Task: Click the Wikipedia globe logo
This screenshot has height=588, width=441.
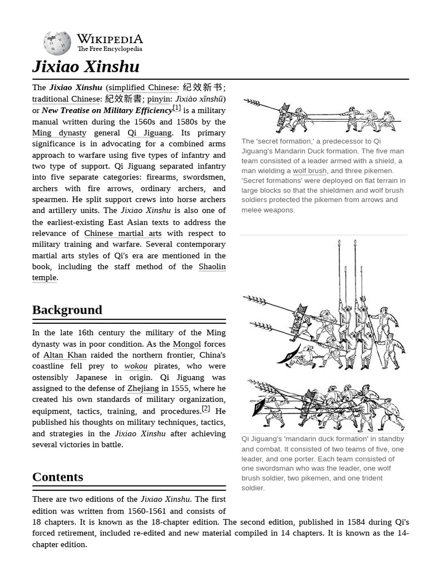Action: [x=57, y=44]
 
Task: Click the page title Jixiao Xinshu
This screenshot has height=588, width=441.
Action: [x=86, y=67]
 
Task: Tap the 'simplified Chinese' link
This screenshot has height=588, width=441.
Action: [x=142, y=88]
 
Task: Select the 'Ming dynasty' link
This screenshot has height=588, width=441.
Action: [x=59, y=133]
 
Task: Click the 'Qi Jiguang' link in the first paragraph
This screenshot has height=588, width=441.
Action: [x=149, y=133]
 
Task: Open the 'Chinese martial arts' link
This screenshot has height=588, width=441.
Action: [x=123, y=233]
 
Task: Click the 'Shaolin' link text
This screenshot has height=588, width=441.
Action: [x=212, y=266]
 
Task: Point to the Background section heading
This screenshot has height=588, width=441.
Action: [x=67, y=310]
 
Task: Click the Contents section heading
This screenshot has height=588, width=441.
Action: [x=57, y=477]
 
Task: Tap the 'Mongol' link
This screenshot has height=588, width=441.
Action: [x=187, y=344]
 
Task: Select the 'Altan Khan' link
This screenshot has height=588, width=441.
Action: [x=65, y=355]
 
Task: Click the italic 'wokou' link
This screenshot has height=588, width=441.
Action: [x=136, y=366]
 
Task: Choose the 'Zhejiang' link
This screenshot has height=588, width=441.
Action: [x=143, y=389]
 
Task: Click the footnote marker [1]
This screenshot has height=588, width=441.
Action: [x=177, y=108]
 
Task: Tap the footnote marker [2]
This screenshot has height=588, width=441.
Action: [x=206, y=409]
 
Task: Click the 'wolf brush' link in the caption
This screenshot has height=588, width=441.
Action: [x=310, y=171]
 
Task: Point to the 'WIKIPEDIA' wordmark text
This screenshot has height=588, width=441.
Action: [x=110, y=39]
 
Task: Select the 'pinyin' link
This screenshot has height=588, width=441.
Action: [x=159, y=99]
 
